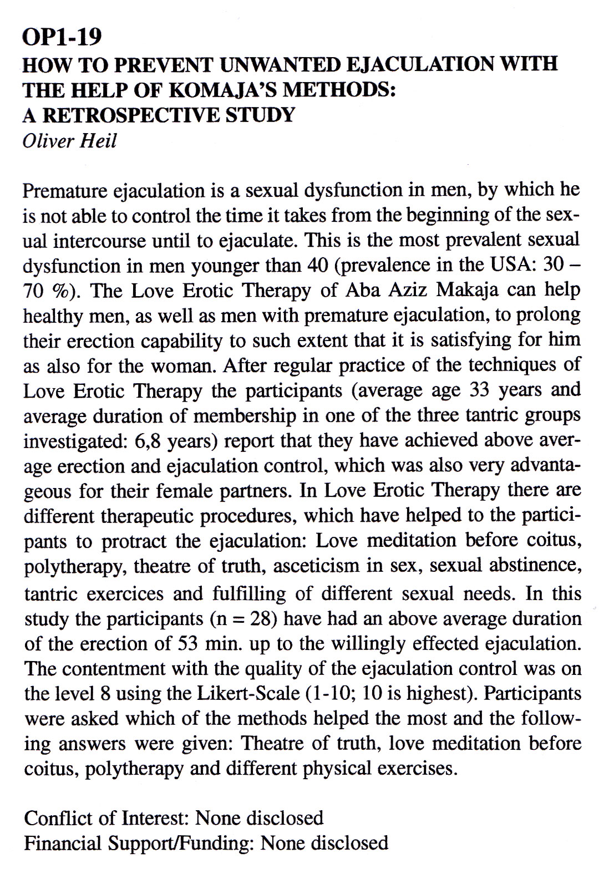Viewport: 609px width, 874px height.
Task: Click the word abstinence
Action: coord(535,566)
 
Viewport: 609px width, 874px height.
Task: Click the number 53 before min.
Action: coord(187,644)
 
